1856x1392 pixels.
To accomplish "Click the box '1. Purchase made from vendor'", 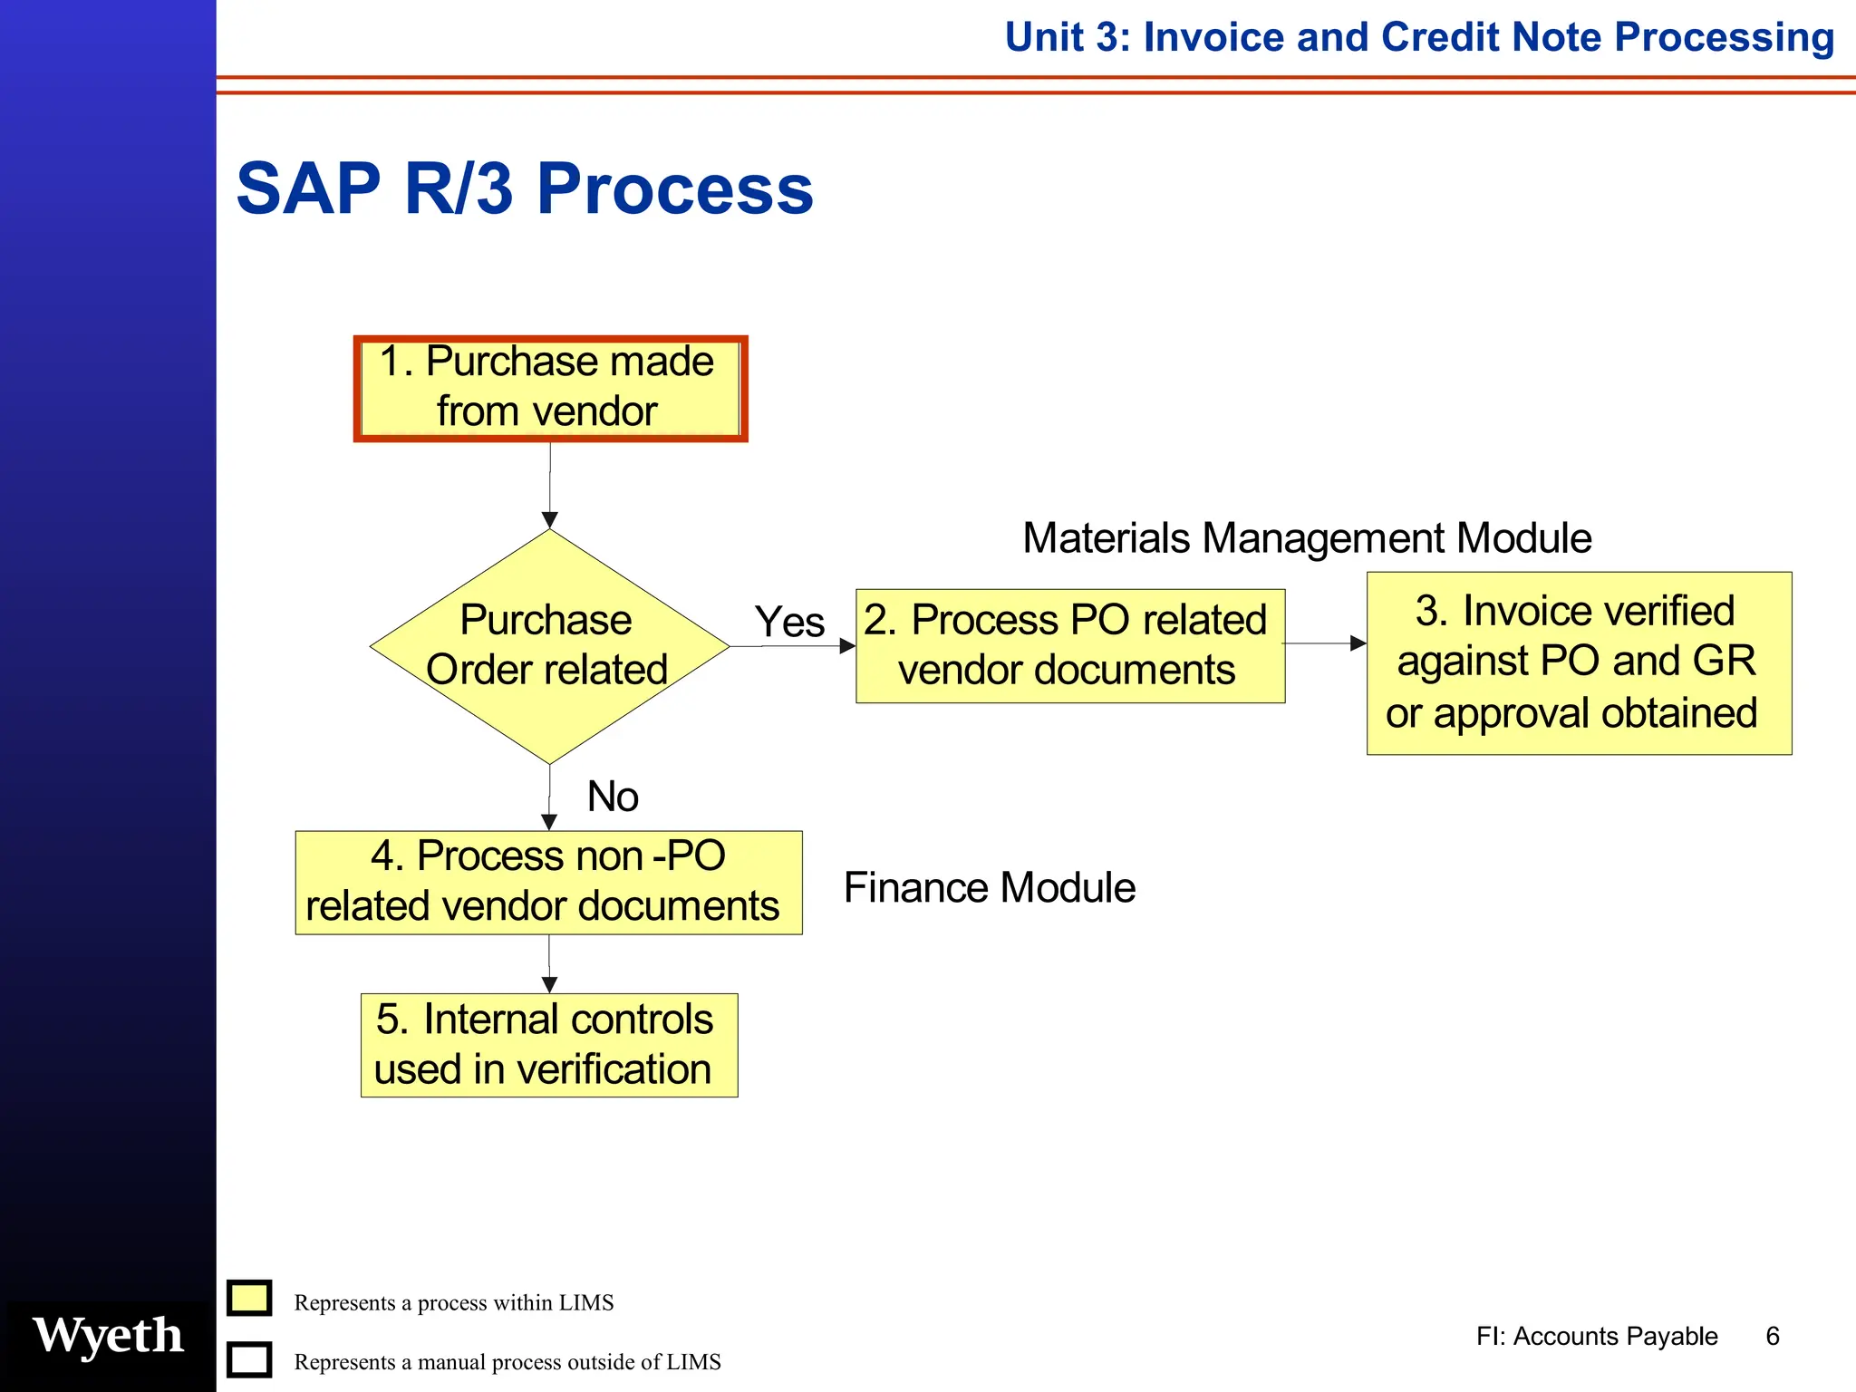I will pos(550,388).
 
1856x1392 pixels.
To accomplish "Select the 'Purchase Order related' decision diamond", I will pos(549,645).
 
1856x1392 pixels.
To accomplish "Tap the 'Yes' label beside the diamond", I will pos(789,623).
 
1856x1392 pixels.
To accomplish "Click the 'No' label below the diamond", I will pos(613,797).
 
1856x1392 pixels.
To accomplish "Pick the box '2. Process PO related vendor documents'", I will pos(1069,645).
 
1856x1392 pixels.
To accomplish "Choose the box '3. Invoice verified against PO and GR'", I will pos(1579,662).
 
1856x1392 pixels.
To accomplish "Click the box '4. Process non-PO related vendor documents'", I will pos(548,882).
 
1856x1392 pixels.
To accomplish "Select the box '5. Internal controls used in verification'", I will pos(548,1045).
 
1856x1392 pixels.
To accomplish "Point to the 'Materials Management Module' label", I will pos(1306,538).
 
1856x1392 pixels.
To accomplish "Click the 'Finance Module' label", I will pos(989,887).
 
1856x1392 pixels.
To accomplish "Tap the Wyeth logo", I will pos(108,1336).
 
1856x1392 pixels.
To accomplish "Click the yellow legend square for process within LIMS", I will pos(249,1298).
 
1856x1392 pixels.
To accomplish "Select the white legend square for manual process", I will pos(249,1359).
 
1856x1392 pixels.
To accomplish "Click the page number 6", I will pos(1773,1336).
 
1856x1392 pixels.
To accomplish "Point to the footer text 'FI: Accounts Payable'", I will pos(1596,1336).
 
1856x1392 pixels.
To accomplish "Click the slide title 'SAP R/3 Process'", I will pos(525,188).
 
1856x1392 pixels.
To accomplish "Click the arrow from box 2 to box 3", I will pos(1325,643).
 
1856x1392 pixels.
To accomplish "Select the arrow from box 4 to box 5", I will pos(549,964).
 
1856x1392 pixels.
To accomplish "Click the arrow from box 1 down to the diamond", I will pos(550,485).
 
